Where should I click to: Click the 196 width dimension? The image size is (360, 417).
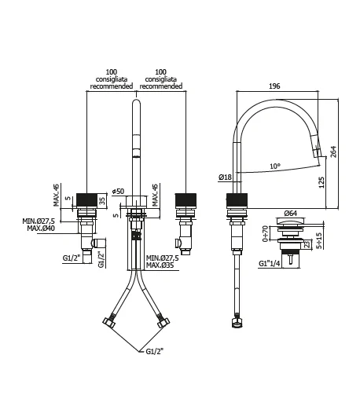click(x=274, y=86)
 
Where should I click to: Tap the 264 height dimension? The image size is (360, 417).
click(x=333, y=152)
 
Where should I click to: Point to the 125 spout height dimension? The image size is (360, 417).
click(x=321, y=183)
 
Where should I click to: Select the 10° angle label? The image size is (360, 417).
click(x=275, y=166)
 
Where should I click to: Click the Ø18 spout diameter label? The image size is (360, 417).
click(x=226, y=177)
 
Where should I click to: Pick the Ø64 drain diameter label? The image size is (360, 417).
click(x=291, y=214)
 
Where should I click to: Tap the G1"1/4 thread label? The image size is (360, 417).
click(x=270, y=263)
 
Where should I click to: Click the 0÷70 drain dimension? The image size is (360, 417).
click(x=265, y=234)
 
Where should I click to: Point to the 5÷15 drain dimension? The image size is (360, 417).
click(x=319, y=240)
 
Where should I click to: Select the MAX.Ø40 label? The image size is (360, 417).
click(x=41, y=229)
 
